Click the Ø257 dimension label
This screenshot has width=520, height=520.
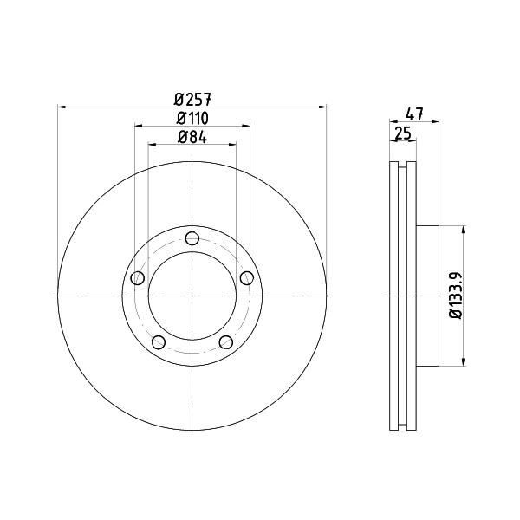tap(192, 99)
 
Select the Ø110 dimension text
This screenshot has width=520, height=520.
tap(192, 118)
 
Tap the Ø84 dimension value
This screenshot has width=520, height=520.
tap(192, 137)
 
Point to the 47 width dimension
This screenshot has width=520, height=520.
tap(414, 114)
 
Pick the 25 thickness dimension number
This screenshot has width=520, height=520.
tap(403, 133)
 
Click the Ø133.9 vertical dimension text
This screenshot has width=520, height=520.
tap(456, 296)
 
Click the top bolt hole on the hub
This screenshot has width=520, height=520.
tap(192, 238)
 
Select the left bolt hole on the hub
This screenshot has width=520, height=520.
tap(138, 278)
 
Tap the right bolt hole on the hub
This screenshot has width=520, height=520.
tap(247, 278)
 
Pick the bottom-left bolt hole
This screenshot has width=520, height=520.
tap(159, 342)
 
